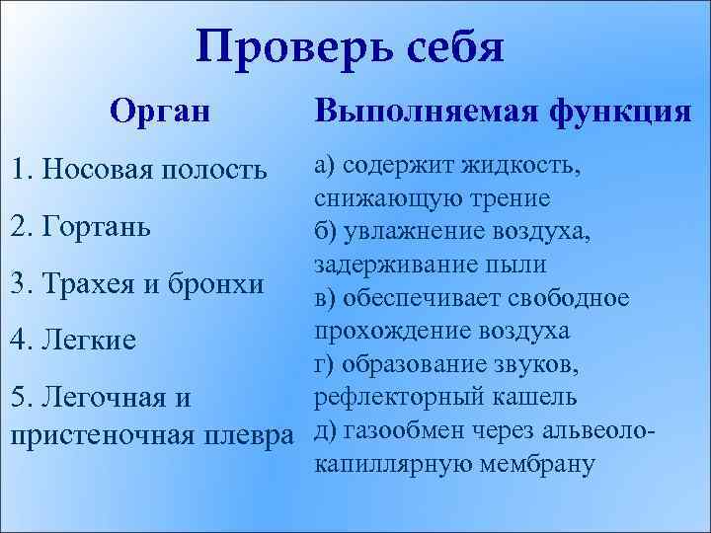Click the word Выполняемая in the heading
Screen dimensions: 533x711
(x=425, y=111)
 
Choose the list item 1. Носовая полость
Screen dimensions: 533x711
(x=137, y=169)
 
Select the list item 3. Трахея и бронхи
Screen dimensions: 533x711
(x=137, y=283)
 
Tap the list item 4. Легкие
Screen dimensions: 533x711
(x=75, y=341)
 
